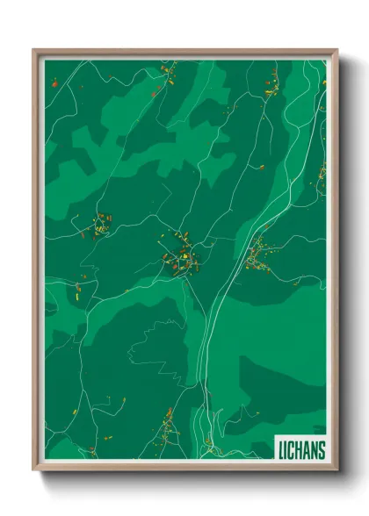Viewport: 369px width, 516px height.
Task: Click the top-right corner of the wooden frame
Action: coord(337,50)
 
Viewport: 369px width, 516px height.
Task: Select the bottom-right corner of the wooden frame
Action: coord(337,469)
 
